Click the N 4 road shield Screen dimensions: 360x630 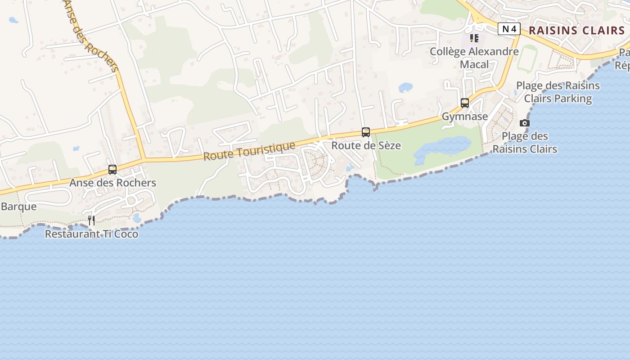click(509, 29)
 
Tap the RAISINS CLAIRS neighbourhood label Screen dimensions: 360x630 click(577, 31)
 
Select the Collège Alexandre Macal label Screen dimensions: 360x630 click(474, 58)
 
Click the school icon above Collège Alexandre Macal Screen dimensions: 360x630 click(474, 38)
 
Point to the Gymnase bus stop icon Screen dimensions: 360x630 click(465, 103)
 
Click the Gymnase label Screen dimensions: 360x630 click(465, 117)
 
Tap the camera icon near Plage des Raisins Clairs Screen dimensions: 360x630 click(525, 123)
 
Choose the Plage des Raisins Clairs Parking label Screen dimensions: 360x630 click(558, 92)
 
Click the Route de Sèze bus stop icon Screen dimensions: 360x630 click(366, 132)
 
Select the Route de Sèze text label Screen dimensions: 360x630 click(366, 146)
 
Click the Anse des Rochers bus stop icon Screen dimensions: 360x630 click(112, 170)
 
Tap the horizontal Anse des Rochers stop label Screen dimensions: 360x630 click(112, 183)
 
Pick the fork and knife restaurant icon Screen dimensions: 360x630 click(91, 220)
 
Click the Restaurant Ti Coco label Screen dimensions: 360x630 click(91, 234)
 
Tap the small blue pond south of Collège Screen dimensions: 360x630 click(405, 87)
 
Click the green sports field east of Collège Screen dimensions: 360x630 click(527, 59)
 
